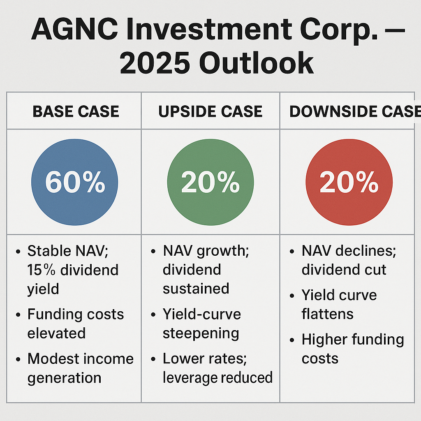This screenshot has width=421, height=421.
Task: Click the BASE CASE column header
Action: (x=76, y=111)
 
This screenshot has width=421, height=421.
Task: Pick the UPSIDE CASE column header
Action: (x=210, y=111)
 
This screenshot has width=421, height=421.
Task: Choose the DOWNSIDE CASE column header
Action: (x=354, y=111)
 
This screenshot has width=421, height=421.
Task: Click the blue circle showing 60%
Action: (x=75, y=182)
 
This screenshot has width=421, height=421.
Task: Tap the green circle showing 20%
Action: (x=210, y=182)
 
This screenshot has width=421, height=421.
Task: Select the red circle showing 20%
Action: (x=349, y=182)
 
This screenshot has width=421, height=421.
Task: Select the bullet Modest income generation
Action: (x=80, y=368)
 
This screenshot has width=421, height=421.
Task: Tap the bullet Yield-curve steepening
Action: (x=201, y=324)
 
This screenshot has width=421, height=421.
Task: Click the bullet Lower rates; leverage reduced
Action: (x=217, y=368)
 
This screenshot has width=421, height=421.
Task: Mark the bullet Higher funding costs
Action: (x=352, y=349)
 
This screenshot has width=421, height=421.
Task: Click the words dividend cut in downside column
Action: (x=344, y=270)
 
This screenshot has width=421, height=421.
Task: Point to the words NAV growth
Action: (x=206, y=251)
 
